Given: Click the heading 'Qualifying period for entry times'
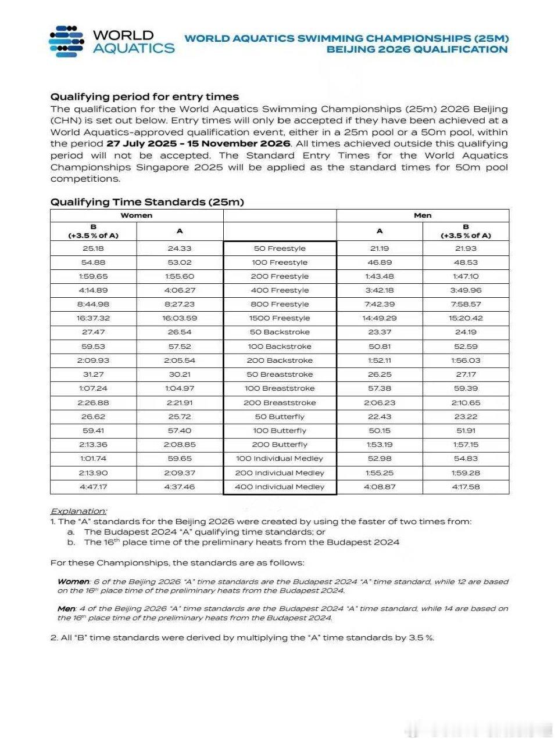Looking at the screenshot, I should (144, 97).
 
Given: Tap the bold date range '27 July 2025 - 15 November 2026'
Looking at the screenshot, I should (198, 143).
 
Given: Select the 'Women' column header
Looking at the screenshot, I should (137, 215).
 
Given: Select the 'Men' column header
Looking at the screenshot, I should (423, 215).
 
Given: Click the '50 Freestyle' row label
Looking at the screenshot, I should (280, 248).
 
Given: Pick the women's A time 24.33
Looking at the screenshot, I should (180, 248).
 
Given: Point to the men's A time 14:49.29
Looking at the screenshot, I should (380, 318).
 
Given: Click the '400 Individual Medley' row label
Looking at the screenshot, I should (280, 487).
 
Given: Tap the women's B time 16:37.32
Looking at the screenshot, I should (93, 318).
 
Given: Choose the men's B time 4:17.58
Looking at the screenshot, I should (466, 487).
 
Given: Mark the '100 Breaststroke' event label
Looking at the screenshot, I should (280, 388).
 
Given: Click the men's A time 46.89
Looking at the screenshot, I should (380, 262).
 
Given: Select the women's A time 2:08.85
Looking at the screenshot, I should (180, 445).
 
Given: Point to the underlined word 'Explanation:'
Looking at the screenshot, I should (78, 511).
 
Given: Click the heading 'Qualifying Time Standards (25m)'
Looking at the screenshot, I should (147, 202).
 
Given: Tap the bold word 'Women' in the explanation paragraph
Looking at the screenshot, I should (73, 582).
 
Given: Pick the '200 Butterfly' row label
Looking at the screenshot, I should (280, 445).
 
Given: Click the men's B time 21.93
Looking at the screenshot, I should (466, 248).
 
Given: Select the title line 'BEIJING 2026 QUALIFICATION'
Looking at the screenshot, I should (417, 49).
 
